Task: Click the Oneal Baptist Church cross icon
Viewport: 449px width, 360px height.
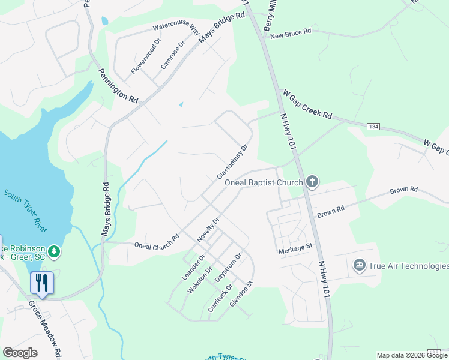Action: click(x=312, y=181)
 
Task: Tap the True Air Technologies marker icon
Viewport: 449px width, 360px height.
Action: click(x=359, y=265)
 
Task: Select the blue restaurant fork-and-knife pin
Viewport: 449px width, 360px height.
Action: click(x=42, y=283)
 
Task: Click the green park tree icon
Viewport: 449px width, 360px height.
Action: click(x=55, y=251)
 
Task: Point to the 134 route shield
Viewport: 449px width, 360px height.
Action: click(x=373, y=126)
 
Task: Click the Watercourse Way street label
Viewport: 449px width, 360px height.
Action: click(x=176, y=26)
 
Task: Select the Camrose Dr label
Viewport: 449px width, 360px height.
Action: click(x=172, y=55)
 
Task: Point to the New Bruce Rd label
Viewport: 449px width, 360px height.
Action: click(x=291, y=34)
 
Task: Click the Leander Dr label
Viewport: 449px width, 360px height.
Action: click(x=194, y=267)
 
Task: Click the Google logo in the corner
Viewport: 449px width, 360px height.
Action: click(x=20, y=352)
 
